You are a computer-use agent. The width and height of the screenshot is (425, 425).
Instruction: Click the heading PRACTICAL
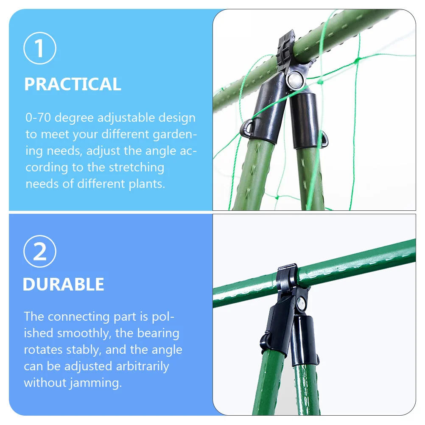(x=73, y=84)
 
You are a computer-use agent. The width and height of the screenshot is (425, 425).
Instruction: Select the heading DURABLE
(x=63, y=284)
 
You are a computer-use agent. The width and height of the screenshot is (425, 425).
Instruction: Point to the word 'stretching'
(x=136, y=167)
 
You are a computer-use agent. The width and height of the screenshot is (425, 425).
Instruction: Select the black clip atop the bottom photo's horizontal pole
(x=287, y=276)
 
